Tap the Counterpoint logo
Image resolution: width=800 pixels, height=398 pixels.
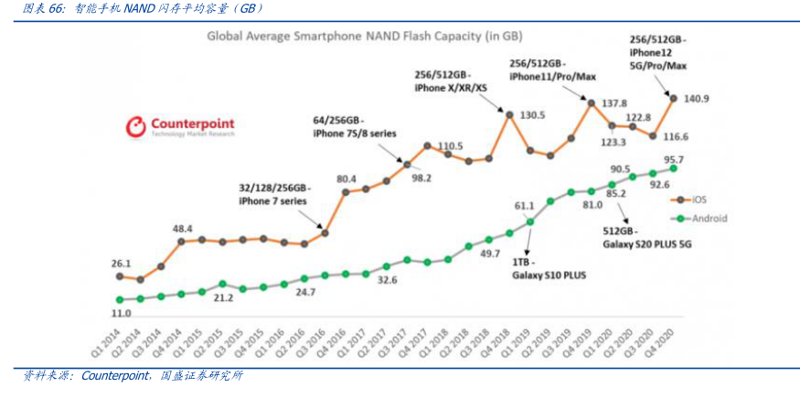point(180,126)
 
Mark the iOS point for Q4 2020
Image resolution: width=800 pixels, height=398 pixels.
point(674,98)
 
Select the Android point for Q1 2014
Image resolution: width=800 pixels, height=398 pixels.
point(119,299)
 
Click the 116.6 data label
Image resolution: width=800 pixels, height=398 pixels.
point(676,136)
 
